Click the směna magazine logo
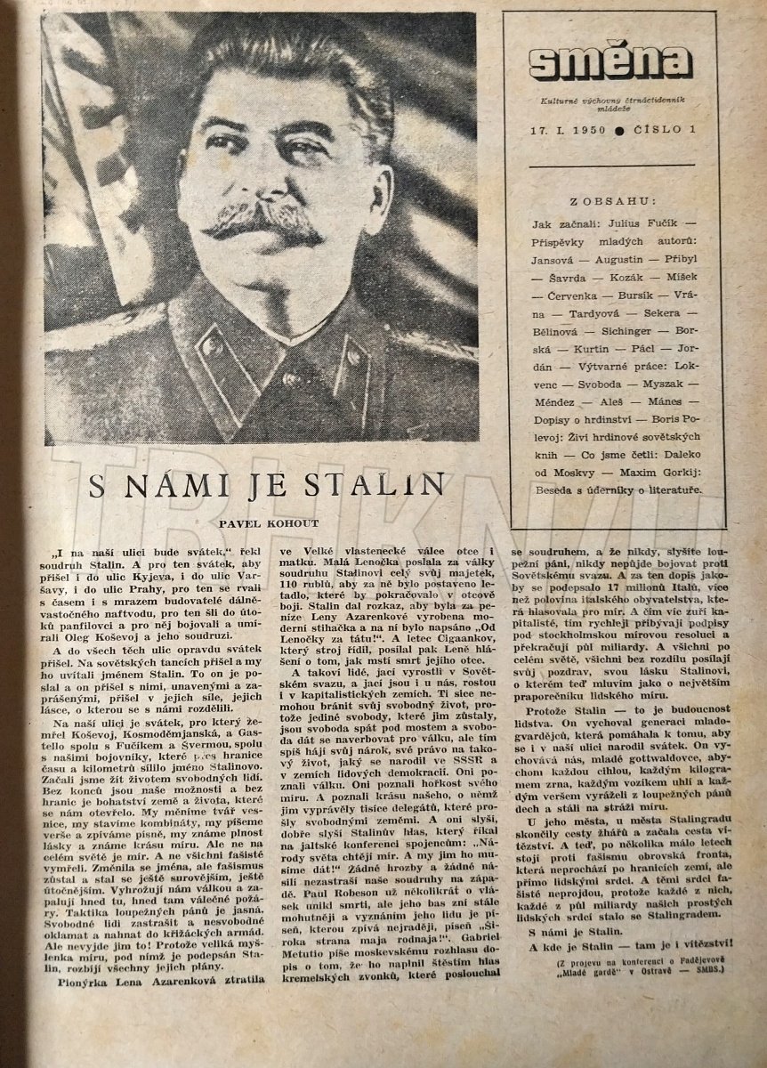coord(610,61)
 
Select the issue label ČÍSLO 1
coord(662,130)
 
